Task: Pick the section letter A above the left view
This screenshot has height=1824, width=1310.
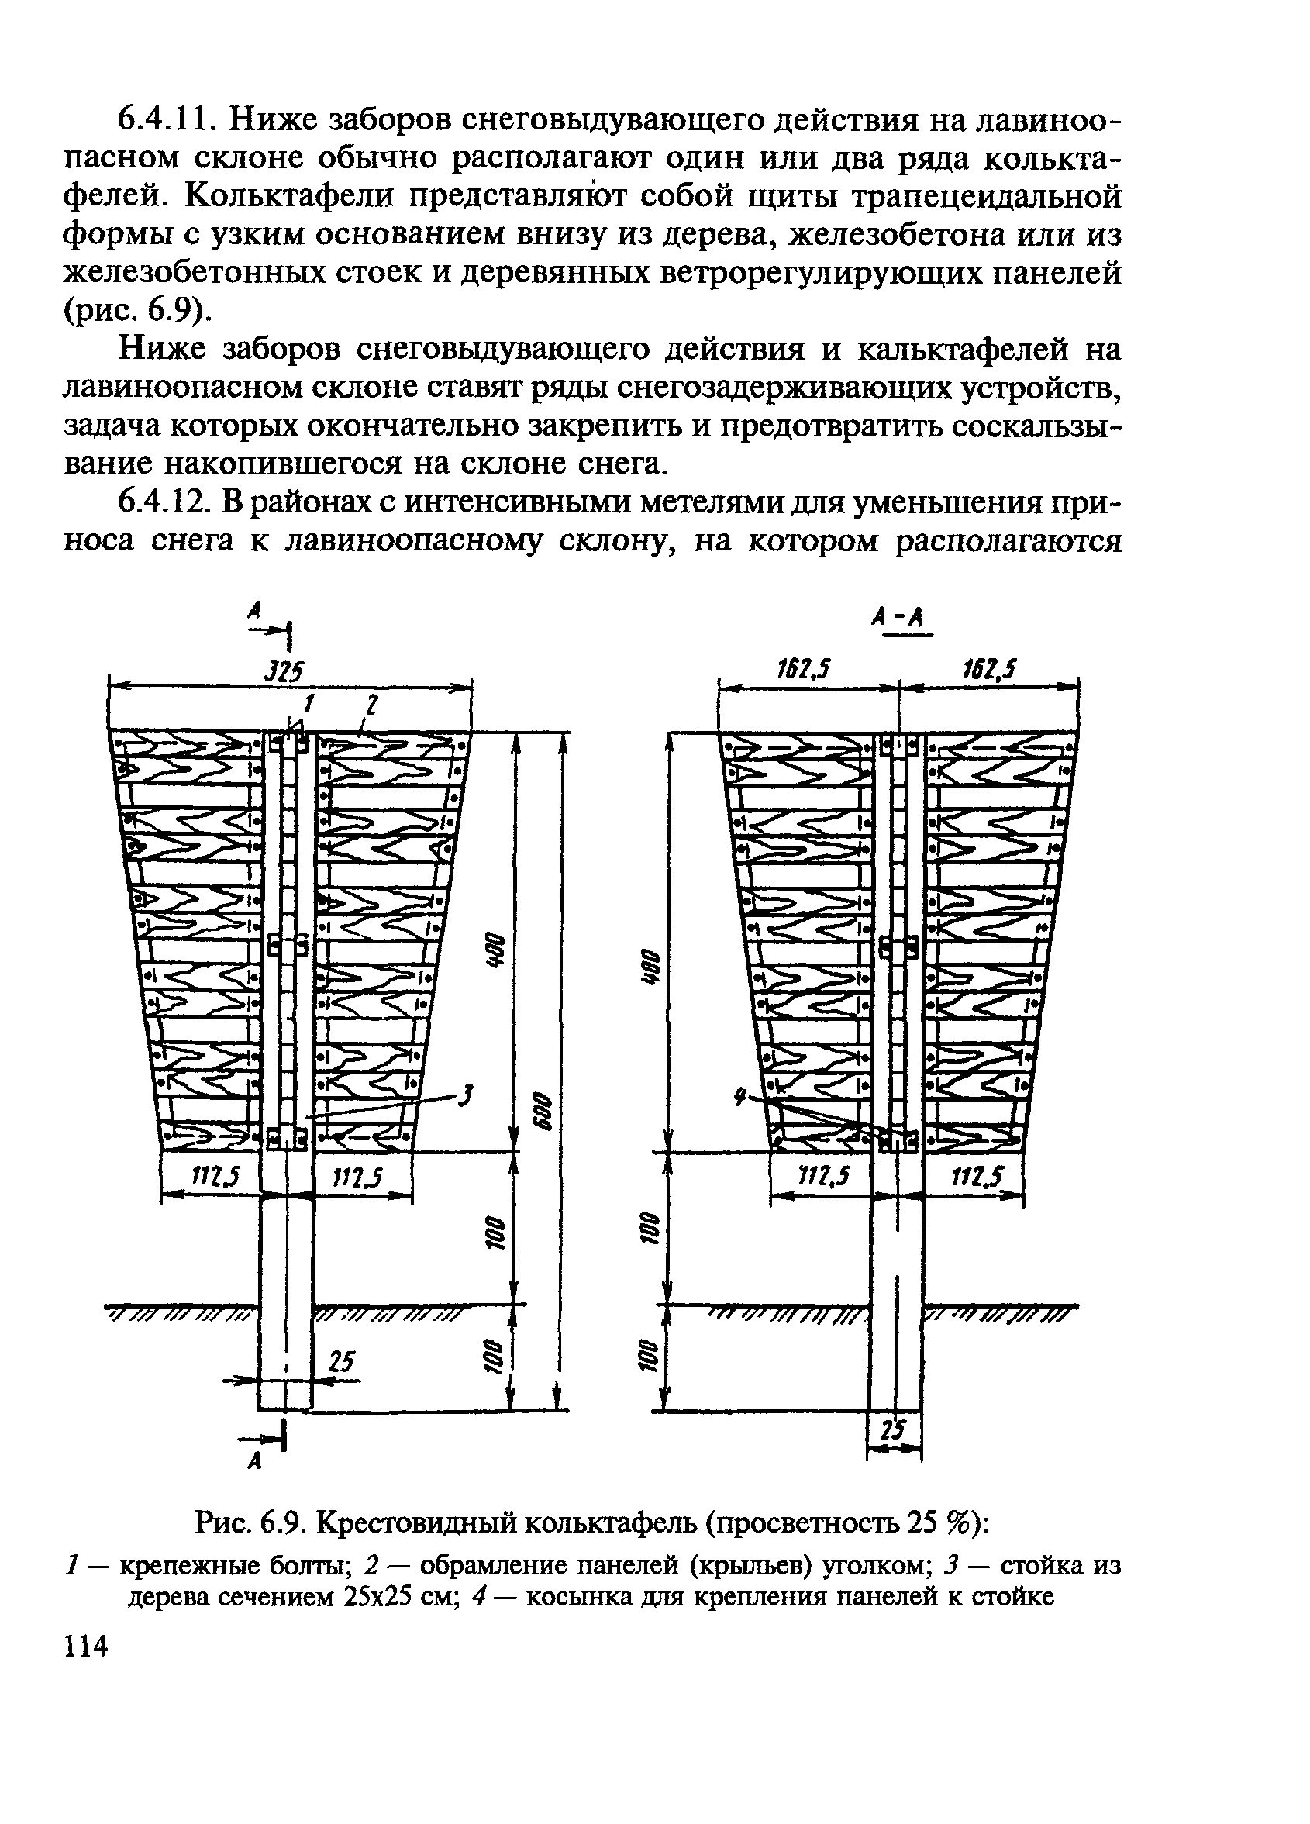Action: tap(254, 611)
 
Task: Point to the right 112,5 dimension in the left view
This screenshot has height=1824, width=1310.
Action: tap(356, 1179)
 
